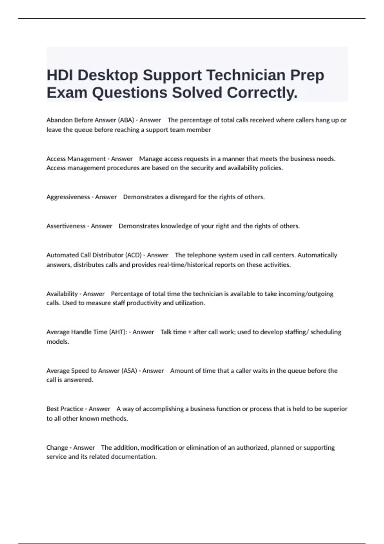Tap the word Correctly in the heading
262,93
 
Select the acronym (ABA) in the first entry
126,120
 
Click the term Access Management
76,159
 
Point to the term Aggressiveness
68,197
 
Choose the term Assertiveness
66,226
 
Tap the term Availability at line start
62,294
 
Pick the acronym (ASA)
129,371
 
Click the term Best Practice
65,409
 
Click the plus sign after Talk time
190,332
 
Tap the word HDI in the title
60,76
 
